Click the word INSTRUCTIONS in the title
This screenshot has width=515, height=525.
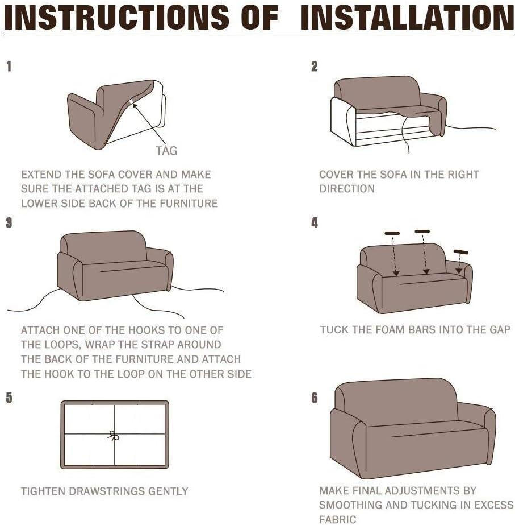click(x=116, y=18)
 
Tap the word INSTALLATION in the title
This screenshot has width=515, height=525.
click(x=407, y=18)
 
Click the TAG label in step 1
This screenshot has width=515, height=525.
click(x=166, y=151)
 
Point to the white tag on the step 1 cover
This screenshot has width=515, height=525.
click(x=132, y=102)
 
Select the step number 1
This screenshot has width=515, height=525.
click(x=9, y=67)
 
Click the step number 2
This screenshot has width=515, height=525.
click(x=314, y=67)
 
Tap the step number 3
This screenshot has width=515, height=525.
click(x=9, y=222)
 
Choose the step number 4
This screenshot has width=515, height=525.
click(x=315, y=222)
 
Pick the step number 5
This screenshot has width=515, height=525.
click(x=9, y=398)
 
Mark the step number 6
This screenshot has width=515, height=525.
click(x=315, y=398)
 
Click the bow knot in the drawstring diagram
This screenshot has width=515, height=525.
click(x=114, y=436)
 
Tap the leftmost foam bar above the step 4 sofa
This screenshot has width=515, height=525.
click(x=392, y=233)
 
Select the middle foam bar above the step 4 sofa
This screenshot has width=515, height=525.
click(x=422, y=232)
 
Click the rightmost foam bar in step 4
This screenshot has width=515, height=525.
click(x=461, y=252)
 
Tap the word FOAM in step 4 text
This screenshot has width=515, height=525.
click(x=390, y=330)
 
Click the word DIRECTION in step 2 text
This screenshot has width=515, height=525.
click(x=347, y=189)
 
